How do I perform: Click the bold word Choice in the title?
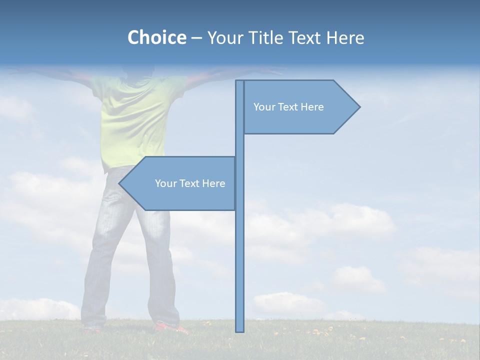(156, 37)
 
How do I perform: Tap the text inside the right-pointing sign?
(288, 107)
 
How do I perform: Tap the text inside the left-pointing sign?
(190, 183)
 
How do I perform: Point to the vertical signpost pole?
(240, 250)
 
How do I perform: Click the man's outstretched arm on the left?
(50, 73)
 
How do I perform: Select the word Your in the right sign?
(263, 107)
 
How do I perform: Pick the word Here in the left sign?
(213, 183)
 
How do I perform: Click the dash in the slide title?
(196, 37)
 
